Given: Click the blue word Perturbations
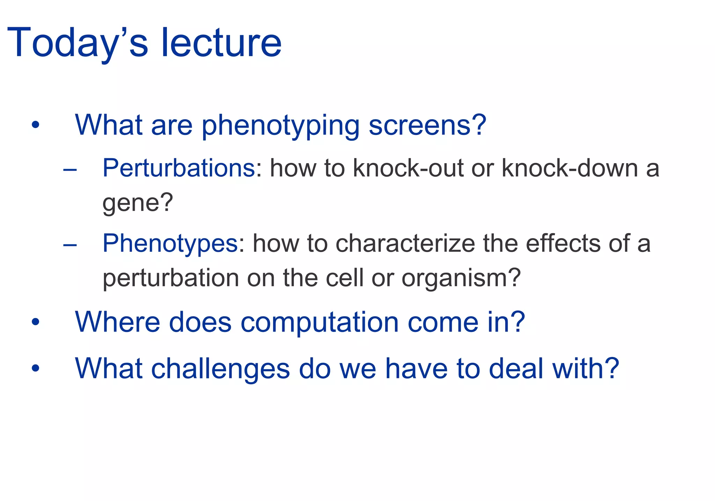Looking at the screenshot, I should pos(179,168).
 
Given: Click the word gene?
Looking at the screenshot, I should pos(138,203).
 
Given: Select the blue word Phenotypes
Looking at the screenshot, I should pos(170,243).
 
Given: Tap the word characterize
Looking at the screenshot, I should pos(405,243).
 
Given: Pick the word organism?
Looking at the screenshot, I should pos(461,278).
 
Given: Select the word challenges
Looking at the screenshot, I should pos(220,369).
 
